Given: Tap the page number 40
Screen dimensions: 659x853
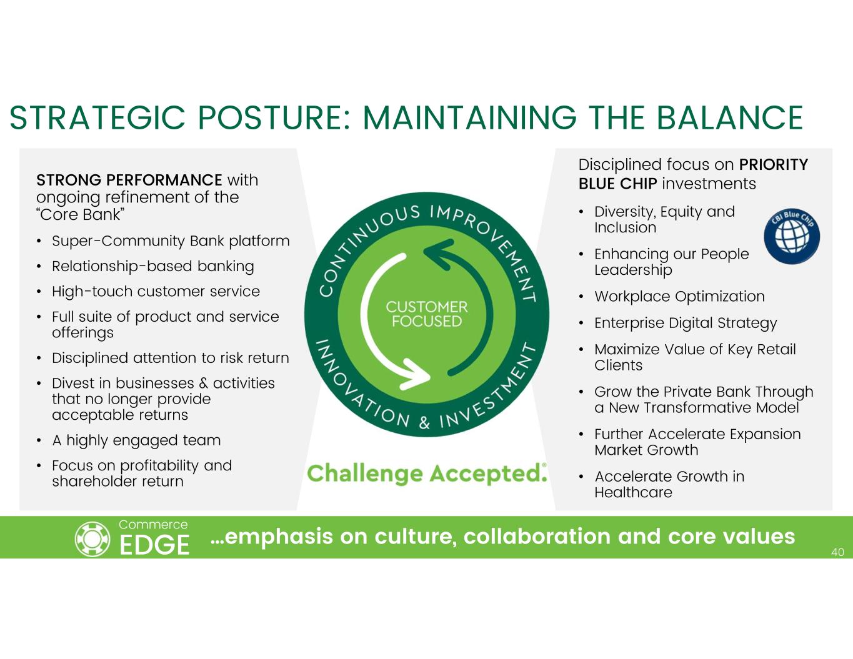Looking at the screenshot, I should click(x=837, y=552).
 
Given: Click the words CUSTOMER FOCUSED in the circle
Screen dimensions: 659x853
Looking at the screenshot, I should click(x=427, y=314).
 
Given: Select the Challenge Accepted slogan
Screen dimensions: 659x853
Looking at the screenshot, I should click(x=427, y=473).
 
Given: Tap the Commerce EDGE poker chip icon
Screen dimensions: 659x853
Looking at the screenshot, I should click(x=92, y=539).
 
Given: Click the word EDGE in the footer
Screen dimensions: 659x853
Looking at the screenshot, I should click(x=154, y=545).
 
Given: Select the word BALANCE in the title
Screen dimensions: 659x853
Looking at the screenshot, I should click(x=730, y=118).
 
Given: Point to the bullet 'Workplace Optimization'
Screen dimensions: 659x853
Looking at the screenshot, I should click(x=679, y=297).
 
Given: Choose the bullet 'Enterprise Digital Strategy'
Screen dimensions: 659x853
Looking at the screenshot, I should click(x=686, y=323).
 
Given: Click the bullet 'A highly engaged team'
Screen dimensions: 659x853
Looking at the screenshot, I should click(x=136, y=440).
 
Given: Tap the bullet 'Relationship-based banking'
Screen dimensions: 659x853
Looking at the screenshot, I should click(x=152, y=266).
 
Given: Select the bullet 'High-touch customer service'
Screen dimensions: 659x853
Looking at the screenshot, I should click(x=156, y=292).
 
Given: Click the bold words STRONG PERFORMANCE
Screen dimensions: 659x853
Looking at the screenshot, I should click(x=129, y=180).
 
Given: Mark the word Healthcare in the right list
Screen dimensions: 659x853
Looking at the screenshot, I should click(x=633, y=493).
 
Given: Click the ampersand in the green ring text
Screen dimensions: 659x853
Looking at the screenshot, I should click(x=424, y=424).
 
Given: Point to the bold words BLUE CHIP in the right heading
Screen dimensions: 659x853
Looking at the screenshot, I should click(x=617, y=184).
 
